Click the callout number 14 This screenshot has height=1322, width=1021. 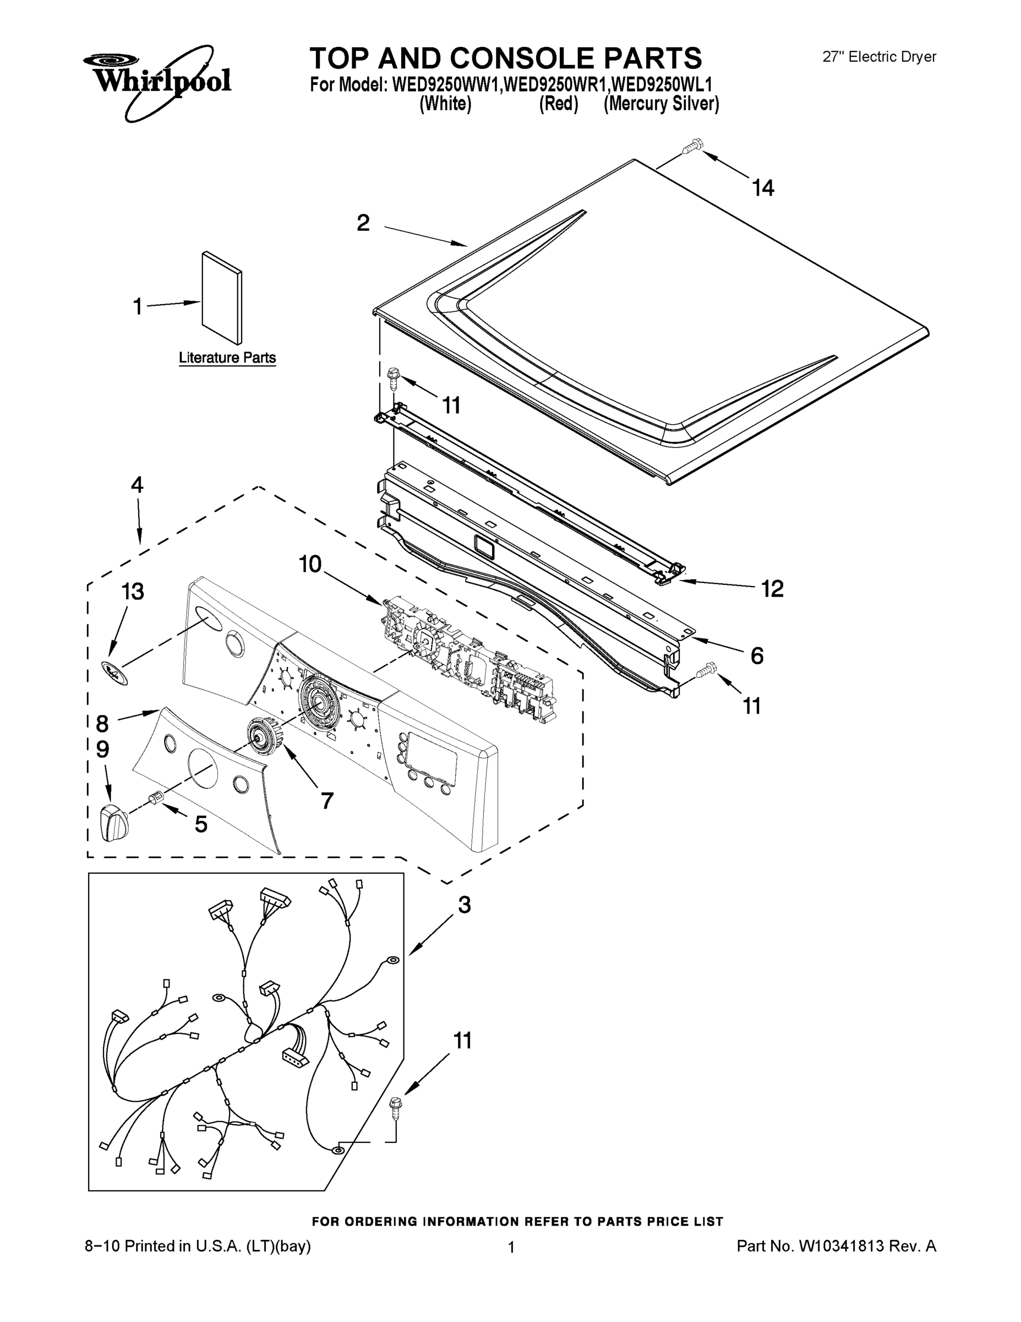tap(763, 188)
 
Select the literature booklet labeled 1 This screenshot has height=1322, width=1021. tap(222, 298)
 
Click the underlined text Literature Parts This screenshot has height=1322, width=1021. tap(227, 357)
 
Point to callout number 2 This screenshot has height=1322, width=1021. tap(363, 223)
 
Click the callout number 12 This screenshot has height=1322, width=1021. tap(772, 588)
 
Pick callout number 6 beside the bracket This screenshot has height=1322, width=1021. tap(757, 655)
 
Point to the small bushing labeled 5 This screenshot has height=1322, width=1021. tap(157, 799)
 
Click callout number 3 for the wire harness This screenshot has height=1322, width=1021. tap(464, 905)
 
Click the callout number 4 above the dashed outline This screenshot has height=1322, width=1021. tap(137, 485)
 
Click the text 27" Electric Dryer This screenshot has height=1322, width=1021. tap(879, 57)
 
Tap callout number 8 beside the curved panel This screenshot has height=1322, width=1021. tap(102, 723)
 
